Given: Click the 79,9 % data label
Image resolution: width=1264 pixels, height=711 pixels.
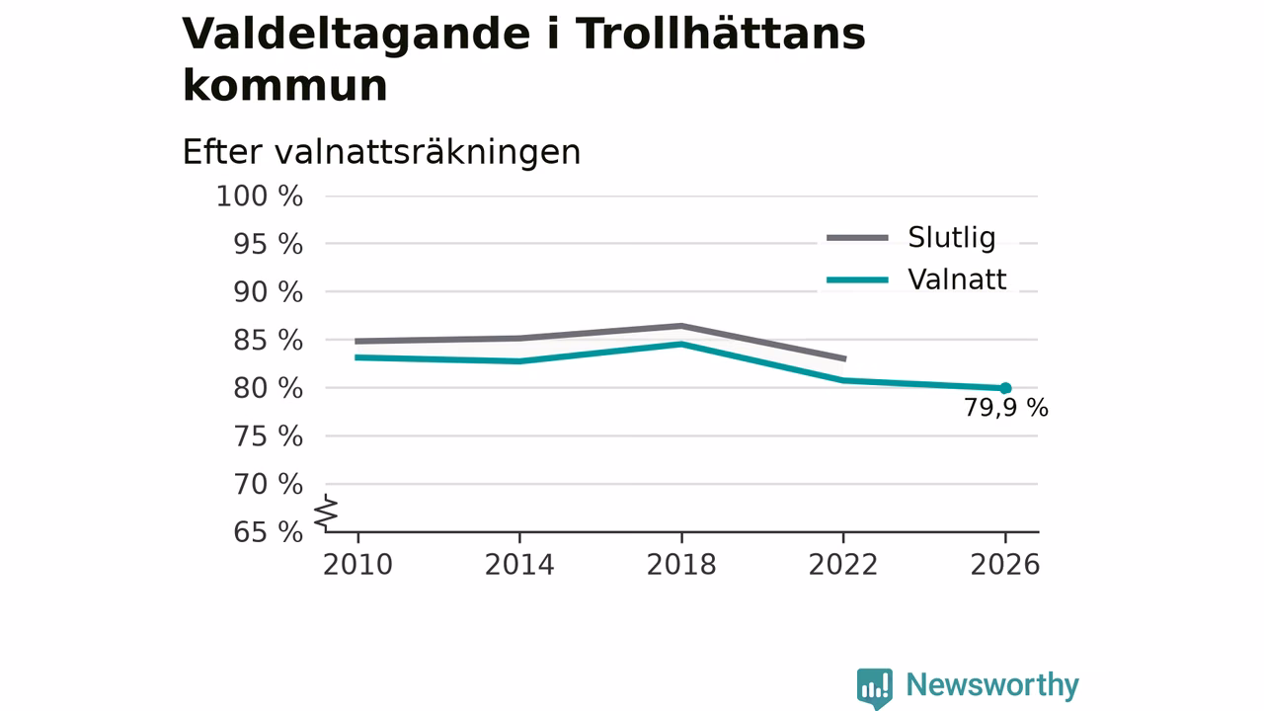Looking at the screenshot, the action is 1005,408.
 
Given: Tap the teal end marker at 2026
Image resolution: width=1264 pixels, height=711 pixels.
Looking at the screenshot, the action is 1005,388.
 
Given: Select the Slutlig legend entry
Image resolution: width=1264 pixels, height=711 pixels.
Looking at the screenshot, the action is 910,238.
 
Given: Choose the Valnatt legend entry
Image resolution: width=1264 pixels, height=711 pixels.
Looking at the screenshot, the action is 916,279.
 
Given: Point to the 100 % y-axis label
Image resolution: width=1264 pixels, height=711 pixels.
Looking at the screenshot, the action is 260,197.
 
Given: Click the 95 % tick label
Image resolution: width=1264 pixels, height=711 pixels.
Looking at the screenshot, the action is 268,244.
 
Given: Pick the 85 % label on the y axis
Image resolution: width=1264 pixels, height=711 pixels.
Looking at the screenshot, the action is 268,341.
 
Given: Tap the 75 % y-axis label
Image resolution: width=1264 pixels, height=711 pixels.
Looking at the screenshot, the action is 268,436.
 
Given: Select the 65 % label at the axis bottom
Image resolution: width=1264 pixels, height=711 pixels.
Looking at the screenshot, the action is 268,532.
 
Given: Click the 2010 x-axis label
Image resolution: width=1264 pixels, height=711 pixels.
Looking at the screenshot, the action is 357,565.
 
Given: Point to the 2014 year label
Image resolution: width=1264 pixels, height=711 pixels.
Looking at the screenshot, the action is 519,565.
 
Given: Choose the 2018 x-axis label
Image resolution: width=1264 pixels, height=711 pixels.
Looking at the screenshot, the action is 681,565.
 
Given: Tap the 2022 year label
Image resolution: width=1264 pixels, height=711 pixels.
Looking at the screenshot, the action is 843,565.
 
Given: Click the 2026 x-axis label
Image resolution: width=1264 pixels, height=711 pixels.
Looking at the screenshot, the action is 1004,565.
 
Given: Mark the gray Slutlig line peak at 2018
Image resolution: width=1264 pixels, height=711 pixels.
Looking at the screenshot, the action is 681,326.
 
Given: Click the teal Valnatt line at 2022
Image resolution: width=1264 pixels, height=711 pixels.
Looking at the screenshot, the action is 843,380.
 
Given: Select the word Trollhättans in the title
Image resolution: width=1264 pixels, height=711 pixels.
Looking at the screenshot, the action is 720,34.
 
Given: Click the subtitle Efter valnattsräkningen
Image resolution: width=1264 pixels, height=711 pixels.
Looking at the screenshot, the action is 381,152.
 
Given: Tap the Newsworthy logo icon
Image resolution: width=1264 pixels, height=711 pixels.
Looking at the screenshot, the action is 875,688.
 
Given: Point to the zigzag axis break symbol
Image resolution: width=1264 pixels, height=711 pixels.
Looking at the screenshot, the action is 326,513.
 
